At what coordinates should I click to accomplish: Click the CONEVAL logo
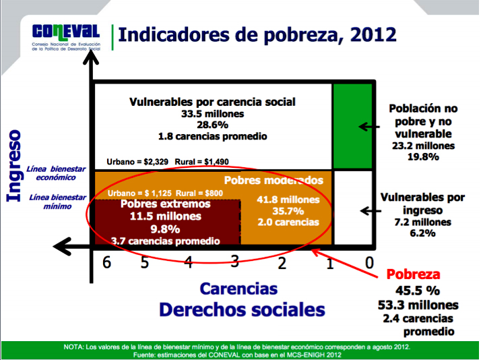(x=66, y=38)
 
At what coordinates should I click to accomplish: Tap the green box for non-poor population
(x=352, y=126)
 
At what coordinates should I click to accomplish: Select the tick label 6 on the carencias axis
(x=106, y=262)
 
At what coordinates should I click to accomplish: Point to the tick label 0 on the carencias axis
(x=369, y=263)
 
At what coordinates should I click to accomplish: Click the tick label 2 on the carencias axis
(x=282, y=263)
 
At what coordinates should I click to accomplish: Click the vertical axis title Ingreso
(x=13, y=166)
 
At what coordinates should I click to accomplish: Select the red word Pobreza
(x=413, y=274)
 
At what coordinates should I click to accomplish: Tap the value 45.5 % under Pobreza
(x=418, y=291)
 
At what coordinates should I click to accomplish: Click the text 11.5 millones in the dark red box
(x=166, y=216)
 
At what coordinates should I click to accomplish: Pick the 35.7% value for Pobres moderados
(x=288, y=211)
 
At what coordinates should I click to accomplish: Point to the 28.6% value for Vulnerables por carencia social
(x=212, y=125)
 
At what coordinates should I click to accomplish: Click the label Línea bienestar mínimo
(x=57, y=202)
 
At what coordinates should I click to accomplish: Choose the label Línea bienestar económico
(x=56, y=173)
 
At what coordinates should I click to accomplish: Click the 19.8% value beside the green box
(x=423, y=157)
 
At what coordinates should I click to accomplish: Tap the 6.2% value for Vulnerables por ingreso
(x=422, y=233)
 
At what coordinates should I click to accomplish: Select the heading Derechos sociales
(x=242, y=309)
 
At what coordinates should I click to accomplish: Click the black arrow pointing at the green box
(x=369, y=127)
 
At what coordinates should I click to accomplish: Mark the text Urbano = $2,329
(x=137, y=162)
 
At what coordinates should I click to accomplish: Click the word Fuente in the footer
(x=143, y=355)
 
